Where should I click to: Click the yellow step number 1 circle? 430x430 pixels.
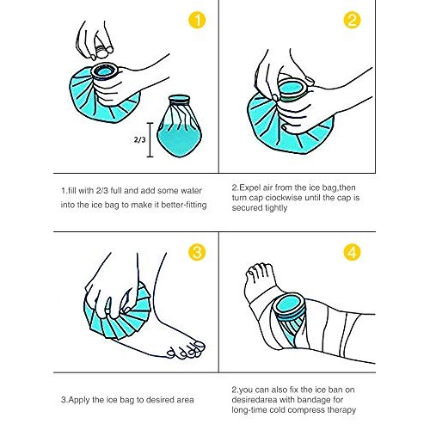point(199,19)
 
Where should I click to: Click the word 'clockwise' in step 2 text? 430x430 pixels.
point(304,199)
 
